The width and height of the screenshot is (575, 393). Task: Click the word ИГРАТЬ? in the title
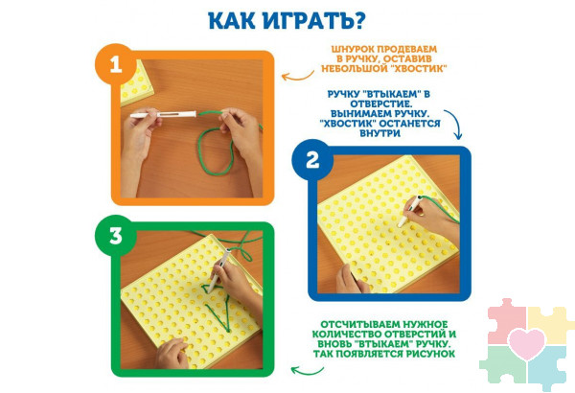coord(313,20)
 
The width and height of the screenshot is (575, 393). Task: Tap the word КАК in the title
coord(231,20)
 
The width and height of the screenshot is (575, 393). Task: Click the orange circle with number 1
coord(116,64)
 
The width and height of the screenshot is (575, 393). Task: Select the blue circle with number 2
coord(312,160)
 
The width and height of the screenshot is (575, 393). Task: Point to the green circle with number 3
coord(116,236)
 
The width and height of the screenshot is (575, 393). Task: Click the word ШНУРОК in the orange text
coord(353,49)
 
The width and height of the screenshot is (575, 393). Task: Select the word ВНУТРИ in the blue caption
coord(379,133)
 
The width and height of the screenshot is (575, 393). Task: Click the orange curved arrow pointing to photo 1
coord(297,77)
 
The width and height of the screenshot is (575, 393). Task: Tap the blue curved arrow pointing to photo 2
coord(454,123)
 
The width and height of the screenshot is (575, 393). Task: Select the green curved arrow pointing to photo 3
coord(307,372)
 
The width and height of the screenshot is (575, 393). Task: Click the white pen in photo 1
coord(163,114)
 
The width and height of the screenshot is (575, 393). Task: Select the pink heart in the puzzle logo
coord(527,344)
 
